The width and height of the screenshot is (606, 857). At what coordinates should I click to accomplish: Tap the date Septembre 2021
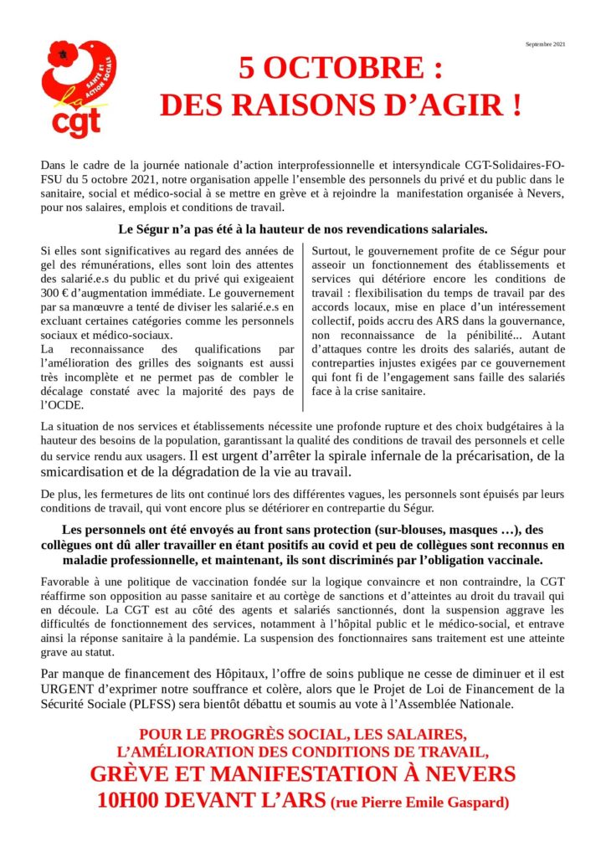546,44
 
